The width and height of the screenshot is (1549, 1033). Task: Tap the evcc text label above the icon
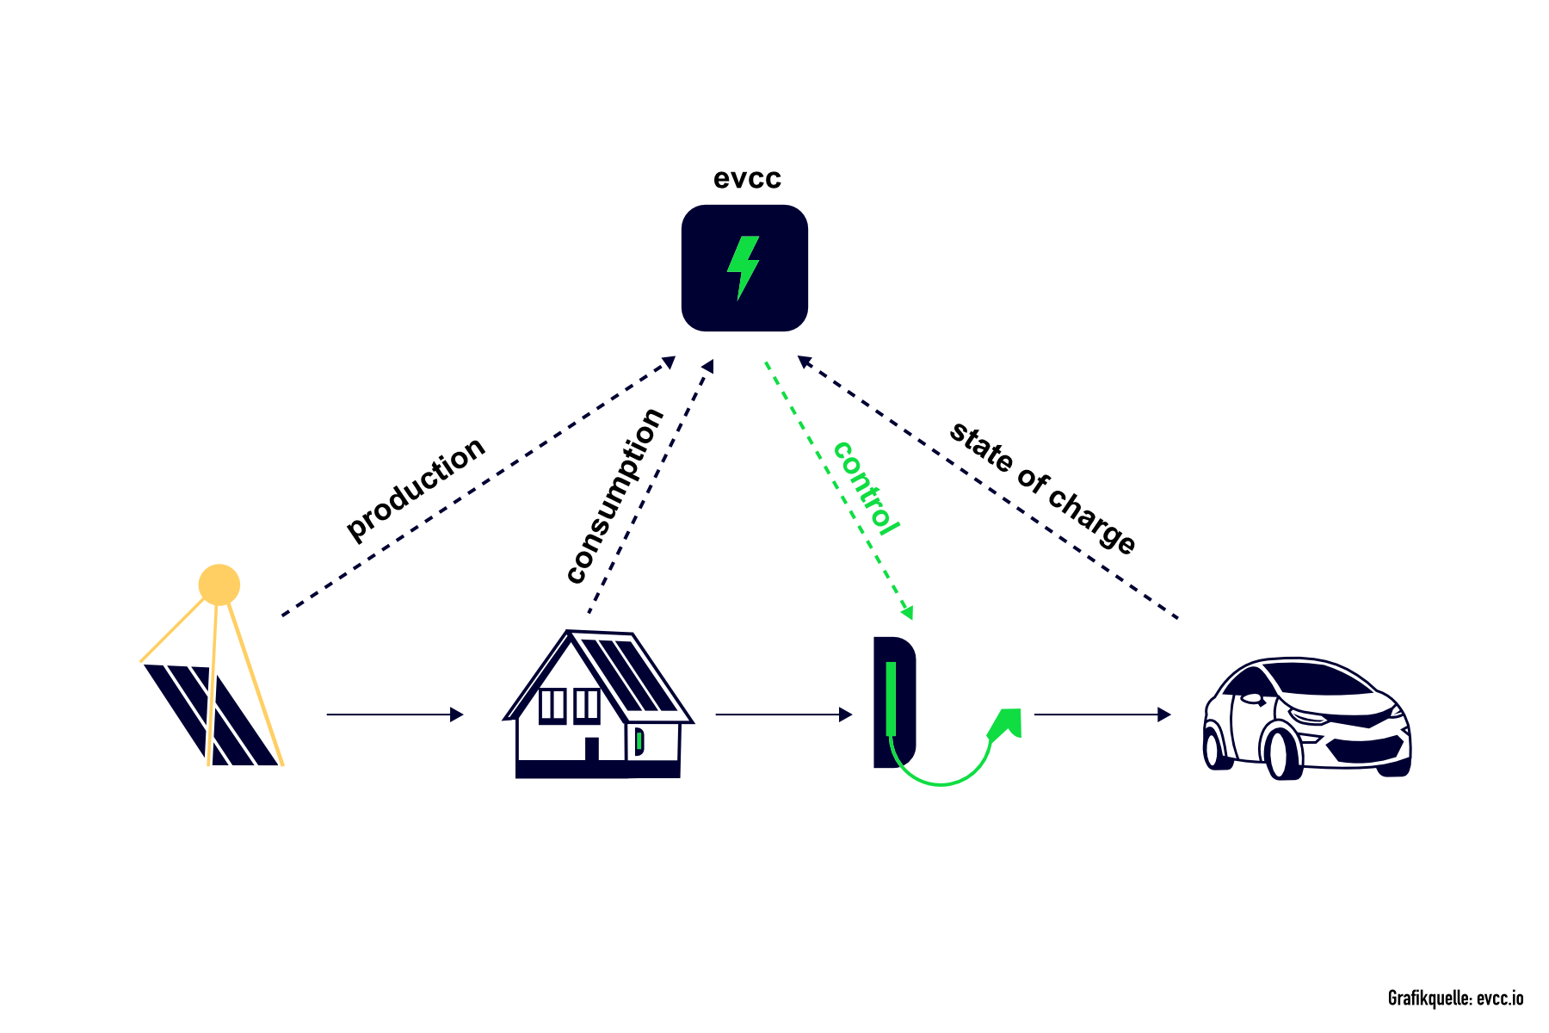point(747,178)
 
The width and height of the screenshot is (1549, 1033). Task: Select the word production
point(416,488)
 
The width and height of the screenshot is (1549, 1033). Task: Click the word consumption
point(615,496)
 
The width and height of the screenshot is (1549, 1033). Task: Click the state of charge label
point(1042,487)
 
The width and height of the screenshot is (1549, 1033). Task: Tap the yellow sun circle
point(219,585)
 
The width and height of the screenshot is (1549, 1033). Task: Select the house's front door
point(592,749)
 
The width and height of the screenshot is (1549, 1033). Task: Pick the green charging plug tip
point(1006,723)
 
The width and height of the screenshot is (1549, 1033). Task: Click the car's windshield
point(1317,678)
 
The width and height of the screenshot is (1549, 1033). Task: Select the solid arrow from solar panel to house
point(395,714)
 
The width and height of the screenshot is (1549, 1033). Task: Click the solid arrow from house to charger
point(783,714)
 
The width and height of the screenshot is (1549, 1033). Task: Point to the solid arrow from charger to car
point(1102,714)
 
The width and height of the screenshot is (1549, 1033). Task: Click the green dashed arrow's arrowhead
point(907,612)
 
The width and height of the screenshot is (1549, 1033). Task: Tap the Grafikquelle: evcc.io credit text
point(1455,999)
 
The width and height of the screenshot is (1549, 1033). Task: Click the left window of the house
point(552,706)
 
